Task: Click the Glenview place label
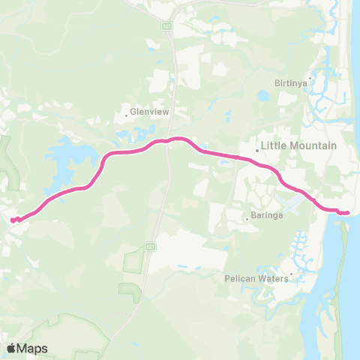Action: (x=151, y=112)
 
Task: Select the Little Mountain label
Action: (x=298, y=145)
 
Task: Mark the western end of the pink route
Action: (x=13, y=220)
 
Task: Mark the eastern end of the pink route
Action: (x=347, y=213)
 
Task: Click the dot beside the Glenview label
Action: (x=127, y=115)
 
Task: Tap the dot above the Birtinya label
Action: (x=309, y=77)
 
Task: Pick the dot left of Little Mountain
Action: (x=256, y=149)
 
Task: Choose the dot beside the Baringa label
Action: (x=247, y=219)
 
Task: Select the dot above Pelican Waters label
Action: (x=290, y=273)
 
